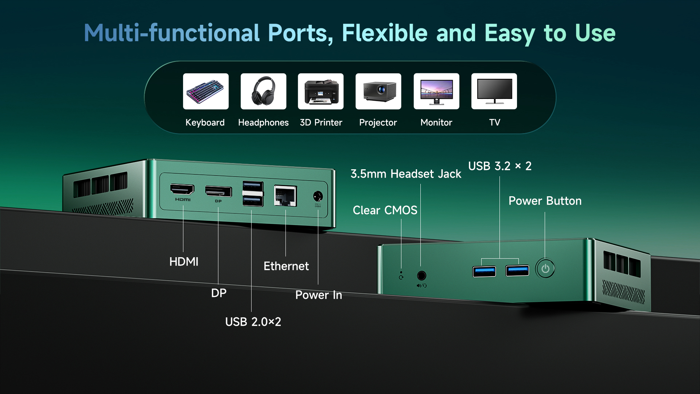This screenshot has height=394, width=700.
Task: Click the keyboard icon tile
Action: coord(206,91)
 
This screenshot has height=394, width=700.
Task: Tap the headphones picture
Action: coord(263,91)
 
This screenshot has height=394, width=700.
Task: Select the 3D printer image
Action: coord(320,91)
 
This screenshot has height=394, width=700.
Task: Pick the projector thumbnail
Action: coord(378,91)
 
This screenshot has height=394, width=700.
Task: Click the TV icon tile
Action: coord(494,91)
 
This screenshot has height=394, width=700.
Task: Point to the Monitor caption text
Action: coord(436,123)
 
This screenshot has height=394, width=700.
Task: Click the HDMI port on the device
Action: coord(182,189)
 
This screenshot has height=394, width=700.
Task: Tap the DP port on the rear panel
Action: coord(218,192)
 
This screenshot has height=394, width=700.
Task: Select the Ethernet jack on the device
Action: coord(285,196)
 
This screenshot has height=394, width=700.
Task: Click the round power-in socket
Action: coord(318,196)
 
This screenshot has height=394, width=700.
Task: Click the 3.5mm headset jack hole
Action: coord(421,275)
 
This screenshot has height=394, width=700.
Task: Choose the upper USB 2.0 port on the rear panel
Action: coord(253,186)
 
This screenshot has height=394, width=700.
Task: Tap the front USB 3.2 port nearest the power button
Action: coord(517,271)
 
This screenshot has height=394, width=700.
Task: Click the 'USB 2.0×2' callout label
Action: coord(253,322)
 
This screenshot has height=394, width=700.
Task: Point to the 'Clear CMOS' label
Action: coord(385,210)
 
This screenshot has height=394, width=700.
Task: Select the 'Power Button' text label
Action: coord(545,201)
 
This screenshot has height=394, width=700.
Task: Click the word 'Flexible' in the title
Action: coord(385,33)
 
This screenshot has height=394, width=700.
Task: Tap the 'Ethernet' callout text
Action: coord(286,266)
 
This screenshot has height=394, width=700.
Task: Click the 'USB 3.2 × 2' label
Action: coord(499,166)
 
